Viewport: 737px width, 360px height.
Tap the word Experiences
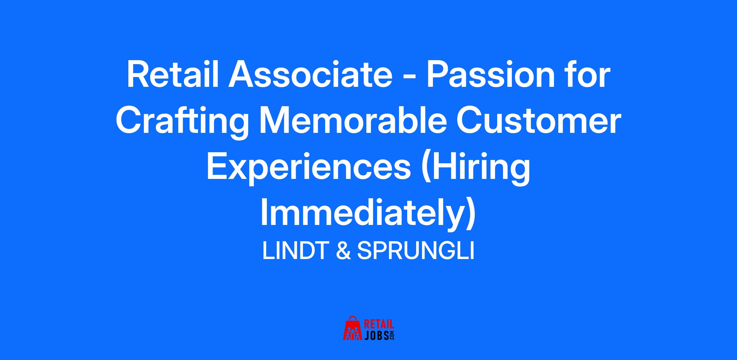coord(309,169)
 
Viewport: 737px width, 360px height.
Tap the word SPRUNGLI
coord(415,251)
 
